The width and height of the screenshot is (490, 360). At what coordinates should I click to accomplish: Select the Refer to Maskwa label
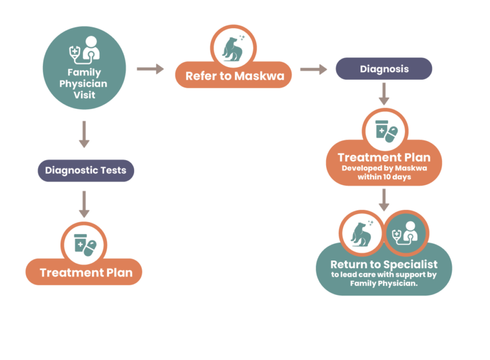(234, 76)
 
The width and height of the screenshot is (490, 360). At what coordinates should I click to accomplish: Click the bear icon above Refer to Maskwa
(234, 49)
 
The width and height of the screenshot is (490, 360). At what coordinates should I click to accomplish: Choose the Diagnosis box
(384, 68)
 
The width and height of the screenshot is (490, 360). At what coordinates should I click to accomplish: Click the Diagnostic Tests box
(85, 170)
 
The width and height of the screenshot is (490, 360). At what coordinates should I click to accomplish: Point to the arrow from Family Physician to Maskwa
(150, 69)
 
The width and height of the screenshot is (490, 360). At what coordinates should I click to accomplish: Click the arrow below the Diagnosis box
(384, 94)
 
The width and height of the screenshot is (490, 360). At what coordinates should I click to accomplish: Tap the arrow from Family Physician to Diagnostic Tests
(84, 134)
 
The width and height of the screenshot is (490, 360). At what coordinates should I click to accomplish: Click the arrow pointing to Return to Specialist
(384, 199)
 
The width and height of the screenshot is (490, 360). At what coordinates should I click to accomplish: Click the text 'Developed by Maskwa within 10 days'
(384, 172)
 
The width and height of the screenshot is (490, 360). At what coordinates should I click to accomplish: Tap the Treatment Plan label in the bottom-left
(85, 273)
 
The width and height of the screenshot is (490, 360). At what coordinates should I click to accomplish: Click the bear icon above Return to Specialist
(360, 234)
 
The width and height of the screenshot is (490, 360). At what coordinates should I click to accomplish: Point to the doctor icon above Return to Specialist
(406, 234)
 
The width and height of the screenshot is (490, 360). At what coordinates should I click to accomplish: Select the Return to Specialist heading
(384, 264)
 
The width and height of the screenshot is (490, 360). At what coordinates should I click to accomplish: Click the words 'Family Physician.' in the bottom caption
(384, 283)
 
